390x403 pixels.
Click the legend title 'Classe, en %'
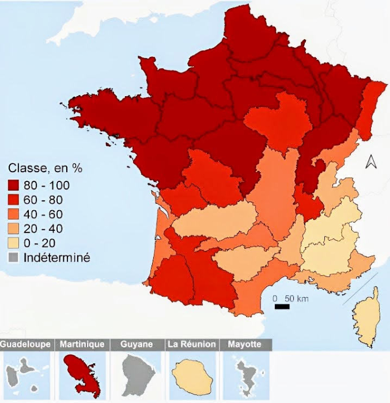pyautogui.click(x=46, y=168)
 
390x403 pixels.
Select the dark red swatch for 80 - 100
pyautogui.click(x=14, y=185)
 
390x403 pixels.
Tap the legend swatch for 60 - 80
pyautogui.click(x=14, y=200)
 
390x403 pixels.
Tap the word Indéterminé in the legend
pyautogui.click(x=57, y=257)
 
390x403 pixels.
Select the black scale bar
pyautogui.click(x=282, y=307)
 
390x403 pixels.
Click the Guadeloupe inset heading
pyautogui.click(x=28, y=344)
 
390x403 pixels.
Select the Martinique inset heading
pyautogui.click(x=82, y=344)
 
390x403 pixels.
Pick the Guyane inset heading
pyautogui.click(x=137, y=344)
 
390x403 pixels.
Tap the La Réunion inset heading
pyautogui.click(x=191, y=344)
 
